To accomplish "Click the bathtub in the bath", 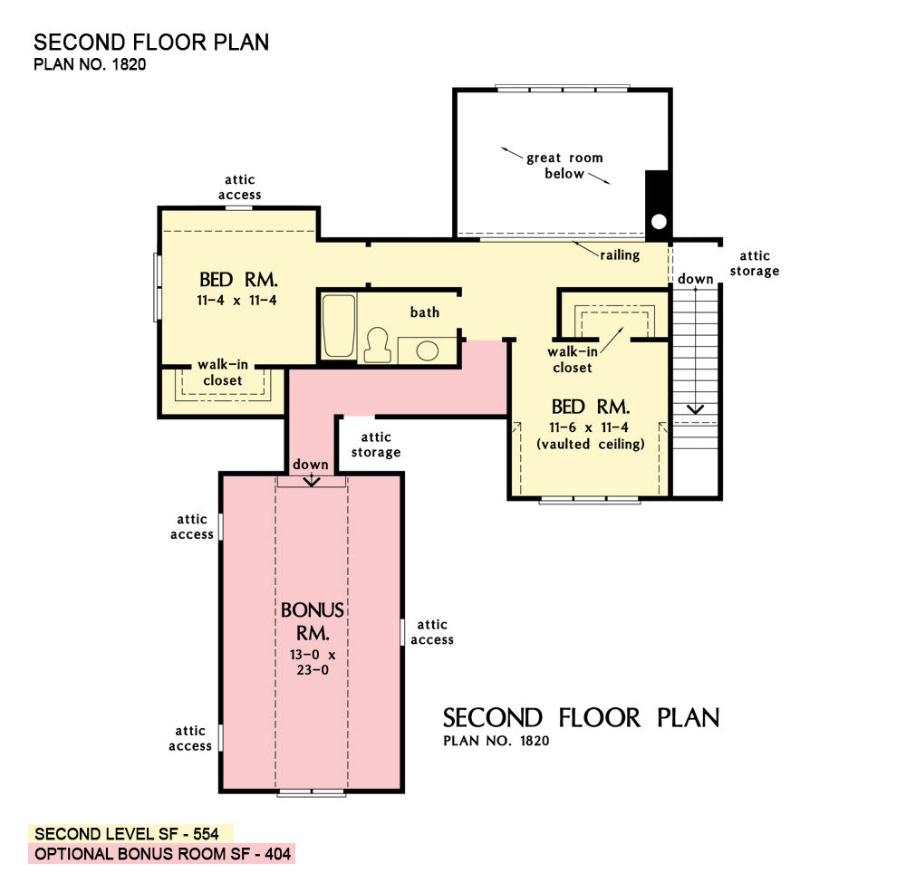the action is [339, 326].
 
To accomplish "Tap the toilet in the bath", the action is [377, 345].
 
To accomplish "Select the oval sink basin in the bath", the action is [427, 350].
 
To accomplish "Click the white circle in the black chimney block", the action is [659, 221].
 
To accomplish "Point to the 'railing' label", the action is [620, 254].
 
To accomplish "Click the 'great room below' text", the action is [564, 165].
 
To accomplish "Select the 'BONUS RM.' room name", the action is [313, 621].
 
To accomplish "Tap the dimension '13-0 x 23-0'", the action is [313, 662].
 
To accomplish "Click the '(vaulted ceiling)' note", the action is [590, 444].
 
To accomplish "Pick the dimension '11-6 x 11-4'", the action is [589, 427].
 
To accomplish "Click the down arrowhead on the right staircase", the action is [695, 409].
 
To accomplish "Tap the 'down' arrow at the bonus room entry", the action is [312, 480].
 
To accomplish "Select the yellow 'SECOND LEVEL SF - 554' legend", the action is [130, 834].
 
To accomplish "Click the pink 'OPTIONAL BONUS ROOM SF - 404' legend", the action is [162, 854].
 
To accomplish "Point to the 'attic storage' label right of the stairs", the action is [754, 264].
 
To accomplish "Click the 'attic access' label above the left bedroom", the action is [240, 187].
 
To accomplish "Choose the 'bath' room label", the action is [425, 312].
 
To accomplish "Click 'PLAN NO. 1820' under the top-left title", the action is [90, 64].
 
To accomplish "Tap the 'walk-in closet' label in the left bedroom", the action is [223, 372].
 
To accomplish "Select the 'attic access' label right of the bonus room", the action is [432, 632].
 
